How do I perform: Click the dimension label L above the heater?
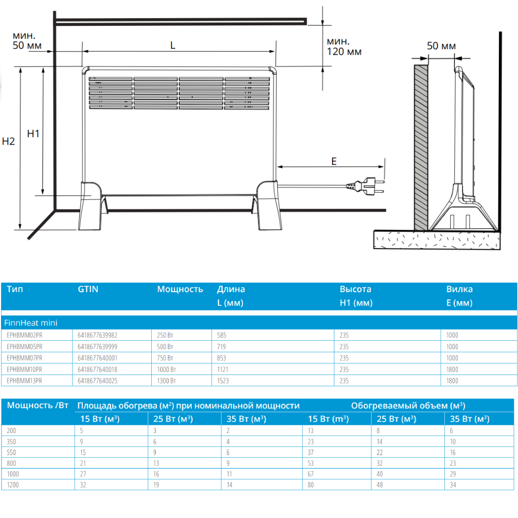[x=173, y=45]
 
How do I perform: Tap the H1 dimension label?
[x=33, y=134]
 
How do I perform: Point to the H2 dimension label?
[x=8, y=141]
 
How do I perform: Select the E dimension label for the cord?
[x=334, y=161]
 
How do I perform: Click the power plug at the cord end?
[x=368, y=185]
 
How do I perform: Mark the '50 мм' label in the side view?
[x=441, y=46]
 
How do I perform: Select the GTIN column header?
[x=88, y=289]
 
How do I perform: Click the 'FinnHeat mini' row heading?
[x=31, y=323]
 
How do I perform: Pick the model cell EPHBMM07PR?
[x=24, y=358]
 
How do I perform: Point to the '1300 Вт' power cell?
[x=167, y=381]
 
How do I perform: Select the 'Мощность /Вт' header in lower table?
[x=38, y=405]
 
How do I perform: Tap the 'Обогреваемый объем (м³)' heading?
[x=408, y=406]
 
